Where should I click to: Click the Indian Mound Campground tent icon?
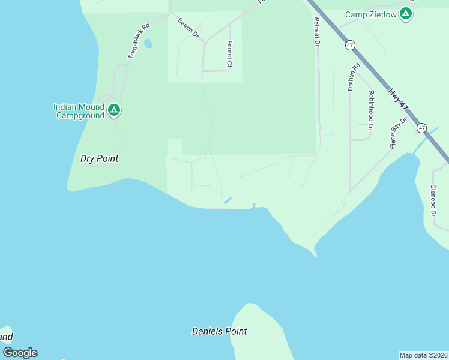[114, 110]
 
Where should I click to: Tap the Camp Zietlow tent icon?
[406, 14]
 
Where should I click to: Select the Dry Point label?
[99, 159]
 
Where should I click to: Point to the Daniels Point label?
[219, 331]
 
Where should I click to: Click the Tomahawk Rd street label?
[138, 41]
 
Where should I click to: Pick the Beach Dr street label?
[188, 28]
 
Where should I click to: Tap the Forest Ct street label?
[229, 53]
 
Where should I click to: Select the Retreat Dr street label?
[317, 32]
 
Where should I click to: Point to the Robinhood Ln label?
[371, 110]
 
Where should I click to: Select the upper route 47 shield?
[350, 45]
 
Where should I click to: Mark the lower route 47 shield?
[422, 128]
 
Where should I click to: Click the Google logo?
[20, 353]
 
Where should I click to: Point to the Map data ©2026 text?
[423, 355]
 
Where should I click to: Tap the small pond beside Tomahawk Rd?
[148, 44]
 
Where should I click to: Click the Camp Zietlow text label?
[371, 14]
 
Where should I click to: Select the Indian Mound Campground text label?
[79, 111]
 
